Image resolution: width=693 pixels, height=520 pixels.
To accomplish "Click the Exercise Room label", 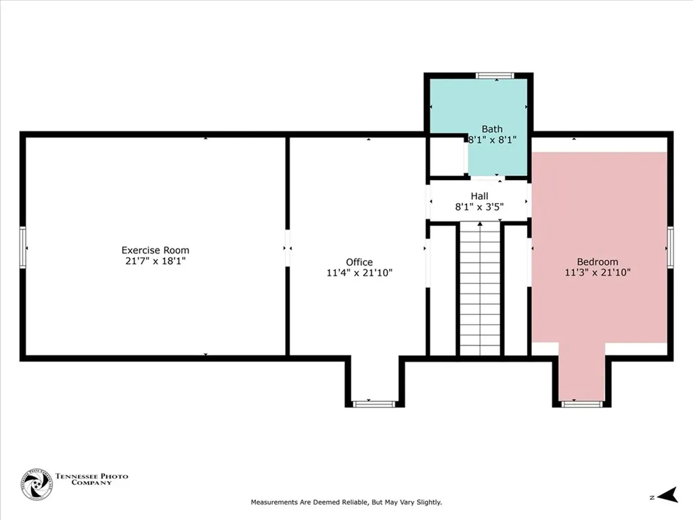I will (x=156, y=250).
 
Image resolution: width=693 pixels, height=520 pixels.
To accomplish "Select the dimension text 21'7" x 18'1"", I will (x=156, y=261).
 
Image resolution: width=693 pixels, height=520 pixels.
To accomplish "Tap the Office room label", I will (x=359, y=262).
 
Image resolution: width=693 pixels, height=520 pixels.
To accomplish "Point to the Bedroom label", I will (x=598, y=262).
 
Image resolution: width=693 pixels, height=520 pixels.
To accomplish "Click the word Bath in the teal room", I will (x=492, y=129).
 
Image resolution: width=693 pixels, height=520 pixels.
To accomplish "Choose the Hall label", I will (x=480, y=196).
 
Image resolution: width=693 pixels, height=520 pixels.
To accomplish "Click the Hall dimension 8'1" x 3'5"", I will (x=480, y=206).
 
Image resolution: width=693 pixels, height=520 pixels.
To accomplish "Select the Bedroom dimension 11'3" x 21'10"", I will (x=598, y=273).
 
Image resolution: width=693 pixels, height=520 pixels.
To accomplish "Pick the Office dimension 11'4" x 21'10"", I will (x=359, y=273).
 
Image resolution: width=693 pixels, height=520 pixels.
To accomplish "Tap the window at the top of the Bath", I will (x=495, y=76).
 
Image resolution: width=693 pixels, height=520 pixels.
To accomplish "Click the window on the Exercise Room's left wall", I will (x=23, y=248).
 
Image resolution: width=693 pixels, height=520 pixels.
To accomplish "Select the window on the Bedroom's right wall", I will (x=670, y=247).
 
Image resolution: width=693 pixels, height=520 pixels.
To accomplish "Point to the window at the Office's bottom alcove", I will (x=374, y=404).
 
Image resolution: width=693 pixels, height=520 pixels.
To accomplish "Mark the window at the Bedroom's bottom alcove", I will (x=582, y=404).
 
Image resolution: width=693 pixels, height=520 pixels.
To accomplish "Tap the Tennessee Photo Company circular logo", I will (x=37, y=485).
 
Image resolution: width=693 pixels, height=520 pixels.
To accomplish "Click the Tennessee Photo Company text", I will (x=91, y=479).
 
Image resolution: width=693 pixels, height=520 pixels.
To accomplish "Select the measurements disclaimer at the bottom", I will (x=346, y=502).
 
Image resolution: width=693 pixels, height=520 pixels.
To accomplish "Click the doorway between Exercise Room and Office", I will (x=287, y=248).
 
